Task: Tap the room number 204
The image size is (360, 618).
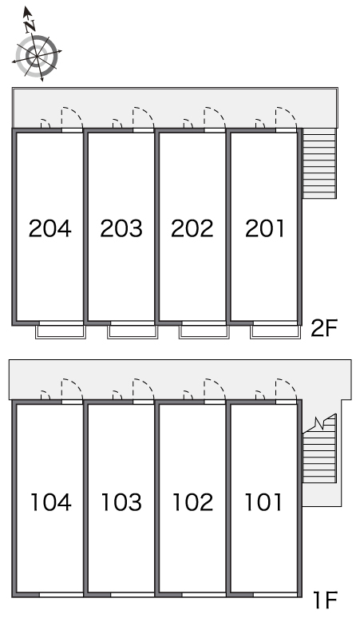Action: coord(50,228)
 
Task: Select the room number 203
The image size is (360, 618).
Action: coord(121,228)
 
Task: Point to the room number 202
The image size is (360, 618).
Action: coord(192,228)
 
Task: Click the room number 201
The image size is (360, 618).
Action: coord(264,228)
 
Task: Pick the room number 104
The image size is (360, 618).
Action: coord(51,502)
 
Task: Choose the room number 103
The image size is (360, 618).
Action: coord(121,502)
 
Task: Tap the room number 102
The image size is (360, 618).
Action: coord(193,502)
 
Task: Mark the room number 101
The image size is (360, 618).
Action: coord(263,502)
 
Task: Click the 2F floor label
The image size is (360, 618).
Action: coord(325,328)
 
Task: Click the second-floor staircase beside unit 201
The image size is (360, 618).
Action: coord(319,163)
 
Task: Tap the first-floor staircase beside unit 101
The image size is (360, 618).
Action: coord(319,450)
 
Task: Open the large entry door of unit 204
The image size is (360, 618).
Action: coord(72,118)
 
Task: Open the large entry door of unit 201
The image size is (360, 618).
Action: coord(286,118)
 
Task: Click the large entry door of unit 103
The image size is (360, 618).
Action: coord(144,390)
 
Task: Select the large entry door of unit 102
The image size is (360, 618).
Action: coord(215,390)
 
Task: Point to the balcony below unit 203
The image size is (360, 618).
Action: coord(133,332)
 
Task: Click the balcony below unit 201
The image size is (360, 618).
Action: coord(275,332)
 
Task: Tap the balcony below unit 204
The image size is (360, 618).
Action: coord(61,332)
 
